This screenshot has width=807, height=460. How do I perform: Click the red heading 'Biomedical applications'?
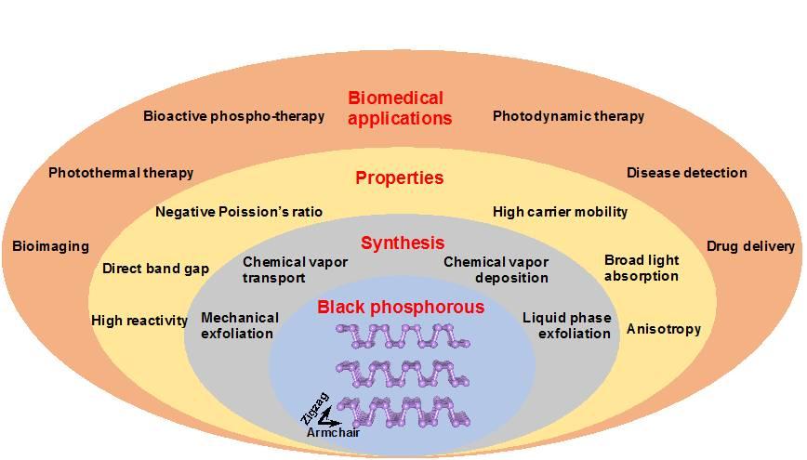click(400, 108)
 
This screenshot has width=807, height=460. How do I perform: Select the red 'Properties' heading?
click(400, 177)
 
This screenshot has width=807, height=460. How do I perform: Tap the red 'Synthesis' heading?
click(403, 243)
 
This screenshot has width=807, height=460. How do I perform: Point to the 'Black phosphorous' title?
click(401, 308)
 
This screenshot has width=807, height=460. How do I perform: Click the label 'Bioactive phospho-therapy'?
click(233, 116)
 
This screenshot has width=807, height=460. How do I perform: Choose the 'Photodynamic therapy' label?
click(568, 116)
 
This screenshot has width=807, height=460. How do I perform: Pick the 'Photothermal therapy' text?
click(121, 172)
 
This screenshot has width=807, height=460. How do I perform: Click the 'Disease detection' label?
click(686, 172)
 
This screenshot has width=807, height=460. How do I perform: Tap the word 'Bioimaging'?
click(50, 246)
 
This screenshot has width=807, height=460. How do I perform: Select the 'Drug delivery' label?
click(750, 246)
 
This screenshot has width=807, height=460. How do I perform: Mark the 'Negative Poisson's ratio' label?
click(239, 212)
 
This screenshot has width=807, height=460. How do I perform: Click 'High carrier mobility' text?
click(560, 212)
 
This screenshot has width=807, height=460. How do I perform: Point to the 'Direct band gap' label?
click(155, 269)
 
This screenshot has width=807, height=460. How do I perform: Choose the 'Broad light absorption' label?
click(642, 268)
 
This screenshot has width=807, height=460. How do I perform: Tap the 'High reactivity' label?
click(139, 321)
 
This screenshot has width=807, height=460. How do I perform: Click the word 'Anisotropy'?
click(663, 328)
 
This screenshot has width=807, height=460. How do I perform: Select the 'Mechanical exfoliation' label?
click(237, 324)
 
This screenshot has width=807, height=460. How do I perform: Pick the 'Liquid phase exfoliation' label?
click(566, 324)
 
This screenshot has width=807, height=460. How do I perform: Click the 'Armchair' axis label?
click(334, 432)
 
